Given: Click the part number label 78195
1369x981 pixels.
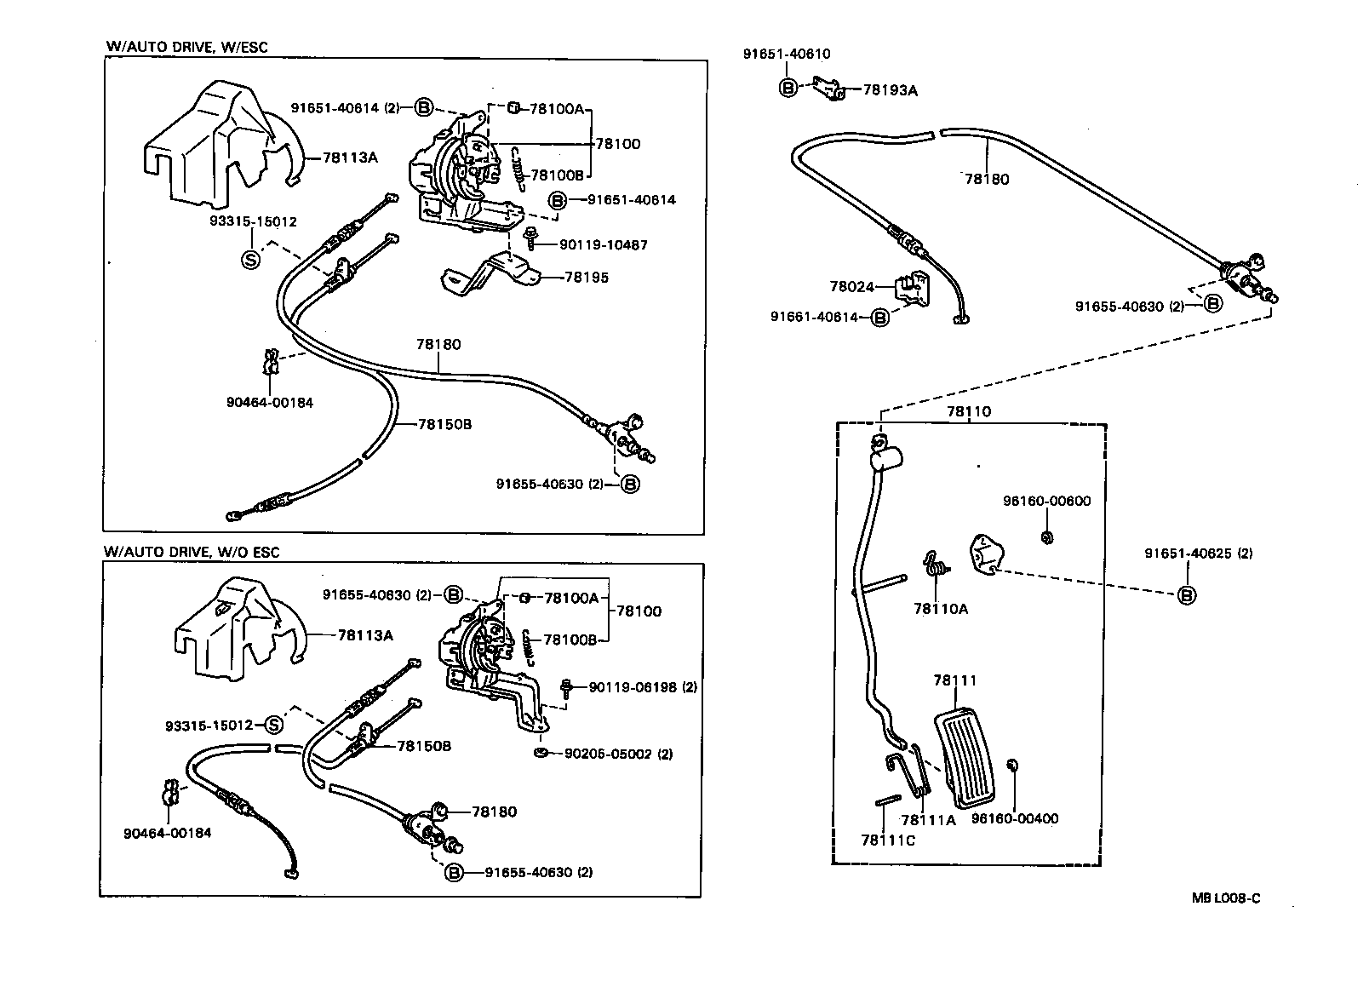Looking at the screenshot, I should click(587, 278).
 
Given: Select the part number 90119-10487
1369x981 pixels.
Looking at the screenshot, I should click(603, 245).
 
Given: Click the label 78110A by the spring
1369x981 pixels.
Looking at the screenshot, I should click(941, 609).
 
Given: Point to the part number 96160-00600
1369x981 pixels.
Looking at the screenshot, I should click(1046, 501).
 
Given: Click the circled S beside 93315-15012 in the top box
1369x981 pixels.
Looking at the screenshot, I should click(250, 260).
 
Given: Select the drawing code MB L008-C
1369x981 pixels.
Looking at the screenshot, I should click(1226, 898).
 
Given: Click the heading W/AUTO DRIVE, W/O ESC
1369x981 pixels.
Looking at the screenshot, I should click(192, 552).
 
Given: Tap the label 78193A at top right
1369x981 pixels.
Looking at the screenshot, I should click(890, 89).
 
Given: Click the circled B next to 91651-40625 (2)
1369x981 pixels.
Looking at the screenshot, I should click(1186, 595).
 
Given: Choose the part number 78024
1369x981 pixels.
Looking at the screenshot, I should click(852, 287).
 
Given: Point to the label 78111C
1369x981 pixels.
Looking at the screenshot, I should click(888, 840).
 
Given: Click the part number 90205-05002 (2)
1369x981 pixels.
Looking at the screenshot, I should click(618, 754).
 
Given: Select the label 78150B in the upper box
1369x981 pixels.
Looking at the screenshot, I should click(444, 424).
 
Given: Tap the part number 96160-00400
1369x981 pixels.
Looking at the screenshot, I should click(1015, 818).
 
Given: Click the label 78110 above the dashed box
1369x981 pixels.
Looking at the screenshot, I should click(969, 411).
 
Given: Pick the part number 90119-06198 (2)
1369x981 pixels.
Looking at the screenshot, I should click(642, 686).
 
